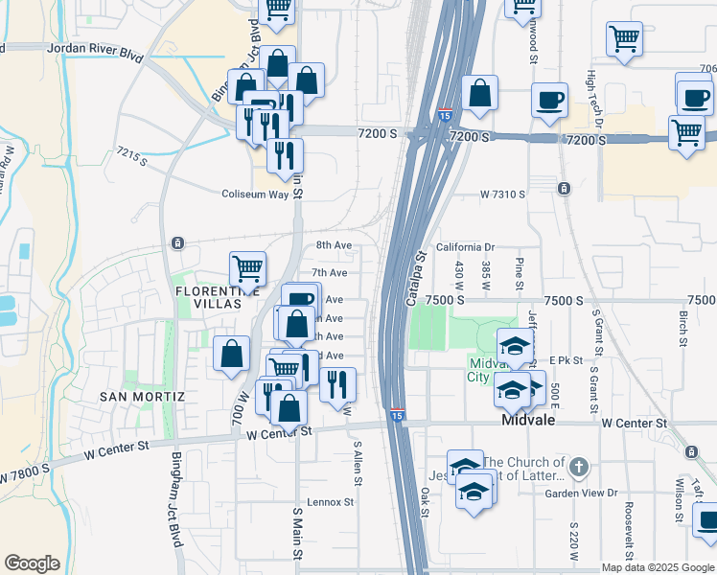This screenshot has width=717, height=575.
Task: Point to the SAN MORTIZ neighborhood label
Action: click(x=141, y=396)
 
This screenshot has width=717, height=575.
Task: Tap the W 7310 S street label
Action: click(x=502, y=195)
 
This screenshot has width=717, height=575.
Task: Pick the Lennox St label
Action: click(x=331, y=501)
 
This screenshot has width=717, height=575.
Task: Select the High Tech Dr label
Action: click(x=594, y=93)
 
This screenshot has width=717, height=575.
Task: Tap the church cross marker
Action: click(x=577, y=469)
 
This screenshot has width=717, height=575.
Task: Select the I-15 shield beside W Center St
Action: click(x=397, y=415)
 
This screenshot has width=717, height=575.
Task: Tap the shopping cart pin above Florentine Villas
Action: click(x=247, y=268)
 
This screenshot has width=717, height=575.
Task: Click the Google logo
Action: click(x=32, y=563)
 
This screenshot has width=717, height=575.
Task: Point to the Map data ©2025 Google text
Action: click(x=657, y=567)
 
